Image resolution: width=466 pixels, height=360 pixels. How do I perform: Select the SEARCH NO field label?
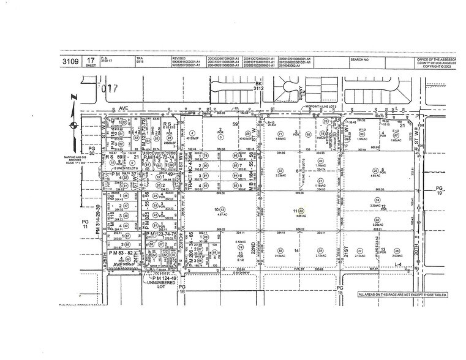pos(360,59)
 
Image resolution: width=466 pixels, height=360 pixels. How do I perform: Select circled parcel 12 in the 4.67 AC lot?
pos(219,209)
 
